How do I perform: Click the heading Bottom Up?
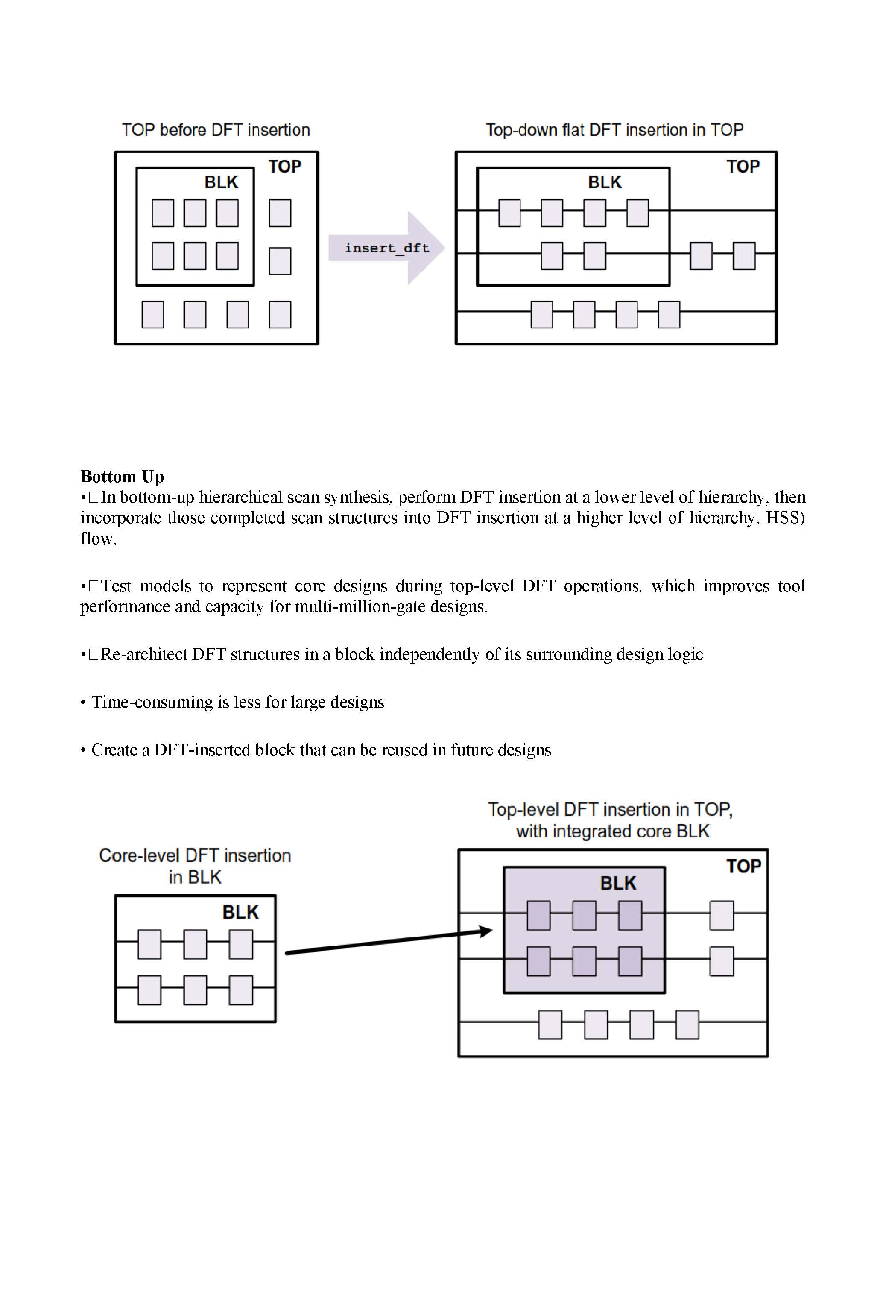pyautogui.click(x=122, y=476)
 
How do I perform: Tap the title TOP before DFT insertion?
pyautogui.click(x=216, y=130)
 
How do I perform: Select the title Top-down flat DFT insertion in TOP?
pyautogui.click(x=614, y=130)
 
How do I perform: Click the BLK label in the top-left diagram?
pyautogui.click(x=221, y=182)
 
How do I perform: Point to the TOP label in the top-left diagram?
pyautogui.click(x=284, y=167)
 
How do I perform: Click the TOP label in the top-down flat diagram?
pyautogui.click(x=743, y=167)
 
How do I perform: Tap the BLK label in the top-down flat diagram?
pyautogui.click(x=605, y=182)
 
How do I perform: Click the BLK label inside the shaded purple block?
pyautogui.click(x=618, y=883)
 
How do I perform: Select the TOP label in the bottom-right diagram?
pyautogui.click(x=743, y=866)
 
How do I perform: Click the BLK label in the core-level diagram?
pyautogui.click(x=240, y=912)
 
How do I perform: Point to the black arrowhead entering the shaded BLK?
pyautogui.click(x=485, y=931)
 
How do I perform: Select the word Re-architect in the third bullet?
pyautogui.click(x=144, y=654)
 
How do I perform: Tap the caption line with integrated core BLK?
pyautogui.click(x=613, y=831)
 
